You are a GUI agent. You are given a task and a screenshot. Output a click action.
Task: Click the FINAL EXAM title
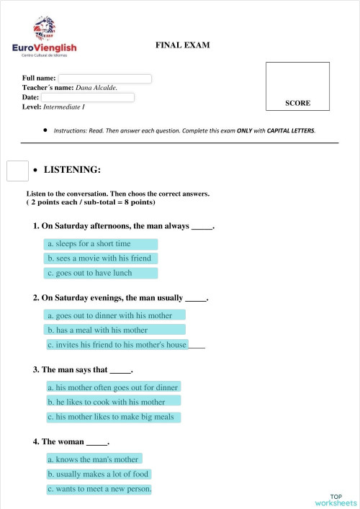(182, 45)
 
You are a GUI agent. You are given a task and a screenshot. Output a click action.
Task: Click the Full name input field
(104, 78)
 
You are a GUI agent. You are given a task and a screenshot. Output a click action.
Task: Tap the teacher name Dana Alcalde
(96, 88)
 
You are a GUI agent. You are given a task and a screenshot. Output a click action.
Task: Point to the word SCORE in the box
(297, 103)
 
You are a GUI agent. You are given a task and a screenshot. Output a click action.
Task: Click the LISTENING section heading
(72, 171)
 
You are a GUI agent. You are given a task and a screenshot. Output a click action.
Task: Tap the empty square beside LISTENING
(17, 171)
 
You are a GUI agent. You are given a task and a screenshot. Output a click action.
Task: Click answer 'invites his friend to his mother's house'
(117, 345)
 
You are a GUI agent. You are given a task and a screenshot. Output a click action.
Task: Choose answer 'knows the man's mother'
(94, 459)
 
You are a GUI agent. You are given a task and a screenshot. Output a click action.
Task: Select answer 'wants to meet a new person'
(99, 490)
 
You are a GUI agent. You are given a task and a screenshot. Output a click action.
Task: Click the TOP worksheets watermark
(335, 500)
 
